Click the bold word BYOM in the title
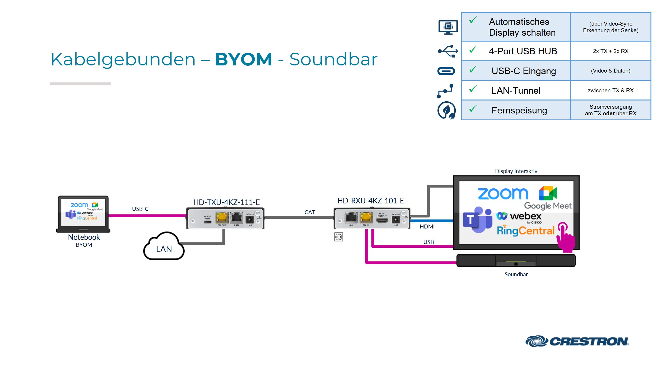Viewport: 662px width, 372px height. (243, 59)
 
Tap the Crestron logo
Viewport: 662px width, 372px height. (577, 341)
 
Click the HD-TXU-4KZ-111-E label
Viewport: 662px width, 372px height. (226, 202)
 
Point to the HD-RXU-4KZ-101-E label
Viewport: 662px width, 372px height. (370, 201)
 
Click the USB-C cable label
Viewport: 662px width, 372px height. (140, 209)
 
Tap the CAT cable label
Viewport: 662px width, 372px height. (310, 212)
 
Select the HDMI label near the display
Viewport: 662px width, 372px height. (427, 227)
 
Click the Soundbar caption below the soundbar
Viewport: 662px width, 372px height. (516, 274)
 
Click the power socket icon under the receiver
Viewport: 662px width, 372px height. (338, 237)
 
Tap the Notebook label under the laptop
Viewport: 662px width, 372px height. (84, 237)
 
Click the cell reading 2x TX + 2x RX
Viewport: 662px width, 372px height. (610, 51)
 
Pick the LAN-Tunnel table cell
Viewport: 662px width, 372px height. (516, 90)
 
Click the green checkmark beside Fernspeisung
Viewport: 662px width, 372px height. (473, 109)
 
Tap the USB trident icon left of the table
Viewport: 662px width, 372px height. (447, 51)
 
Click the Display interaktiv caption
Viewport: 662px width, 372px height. (516, 171)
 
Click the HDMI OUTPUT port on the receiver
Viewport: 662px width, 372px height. (382, 220)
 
